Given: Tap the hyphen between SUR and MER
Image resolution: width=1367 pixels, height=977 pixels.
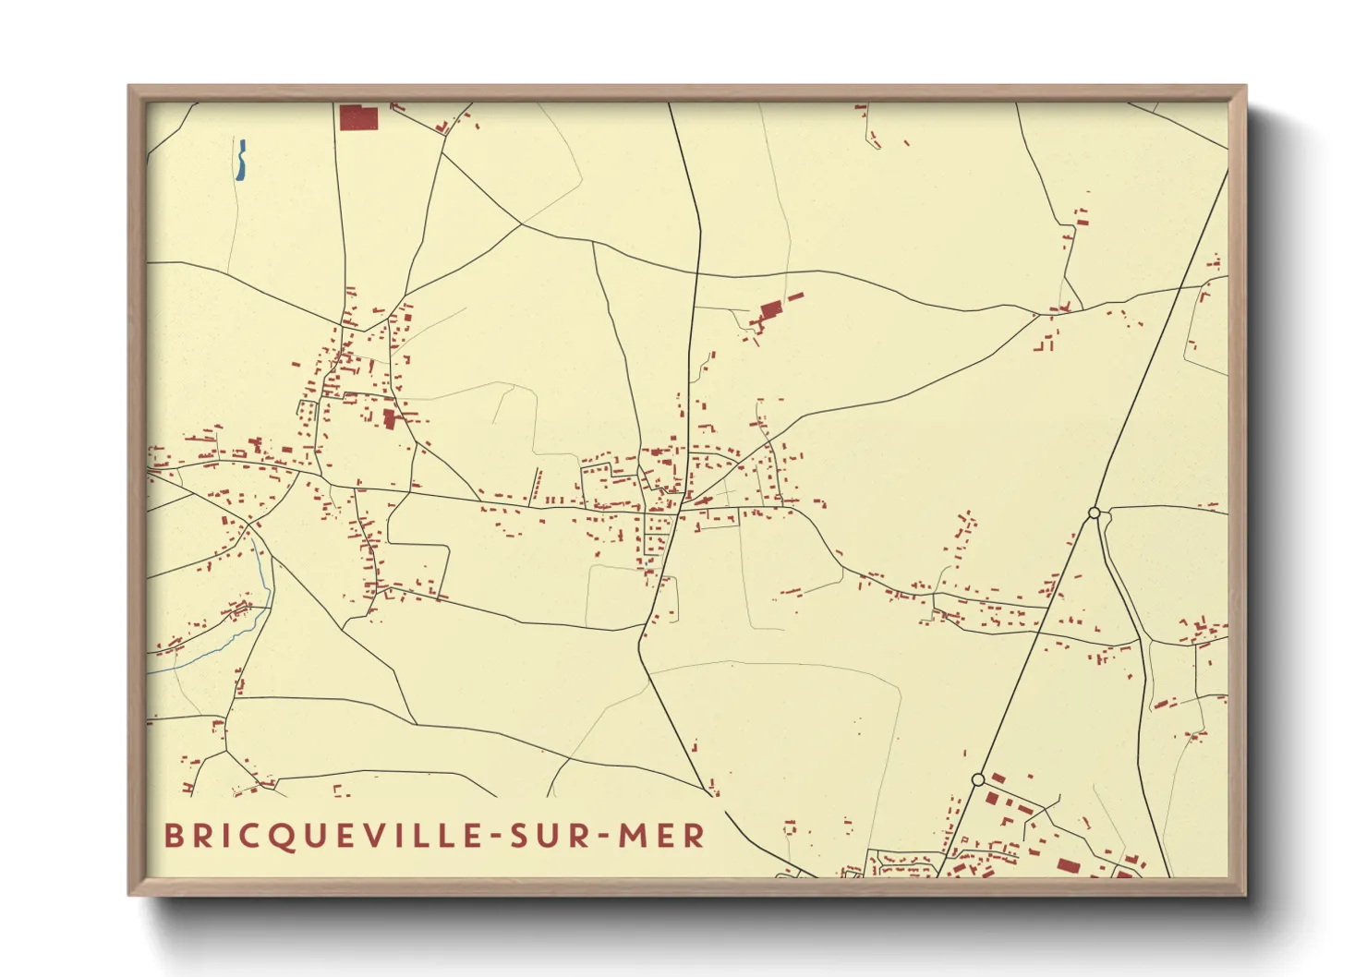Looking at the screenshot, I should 601,838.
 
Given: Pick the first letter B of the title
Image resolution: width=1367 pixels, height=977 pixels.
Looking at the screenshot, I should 174,837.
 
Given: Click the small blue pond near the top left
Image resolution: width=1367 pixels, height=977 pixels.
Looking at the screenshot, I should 241,160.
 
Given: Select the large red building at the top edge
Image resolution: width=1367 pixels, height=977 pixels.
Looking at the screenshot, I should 358,118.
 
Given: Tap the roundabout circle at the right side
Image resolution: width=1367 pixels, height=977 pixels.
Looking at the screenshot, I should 1094,513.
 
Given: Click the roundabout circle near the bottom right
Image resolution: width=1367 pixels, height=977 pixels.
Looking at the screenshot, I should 978,780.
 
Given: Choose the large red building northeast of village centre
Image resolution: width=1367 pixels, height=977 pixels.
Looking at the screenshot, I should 770,310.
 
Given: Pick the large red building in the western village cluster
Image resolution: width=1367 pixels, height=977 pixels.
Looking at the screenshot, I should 389,420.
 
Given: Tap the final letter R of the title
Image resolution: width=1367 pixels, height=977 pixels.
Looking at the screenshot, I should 696,837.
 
